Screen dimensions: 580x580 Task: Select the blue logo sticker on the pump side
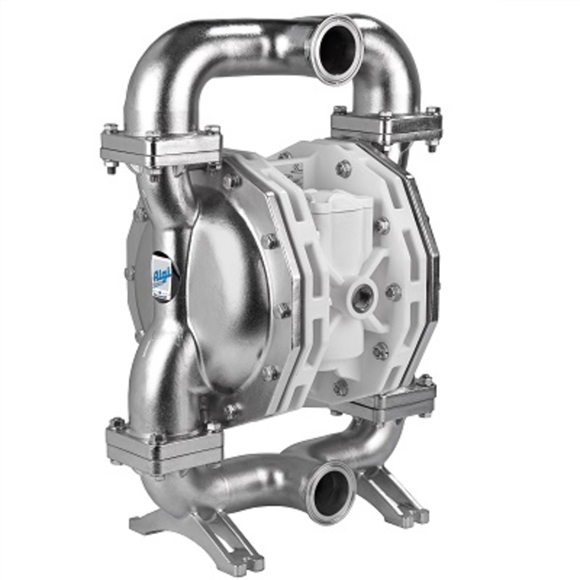pos(162,277)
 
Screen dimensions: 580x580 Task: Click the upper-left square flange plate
pos(161,146)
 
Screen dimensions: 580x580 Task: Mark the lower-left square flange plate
pos(165,444)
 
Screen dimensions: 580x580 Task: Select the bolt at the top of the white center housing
pos(343,169)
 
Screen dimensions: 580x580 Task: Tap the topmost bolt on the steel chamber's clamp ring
pos(231,181)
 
